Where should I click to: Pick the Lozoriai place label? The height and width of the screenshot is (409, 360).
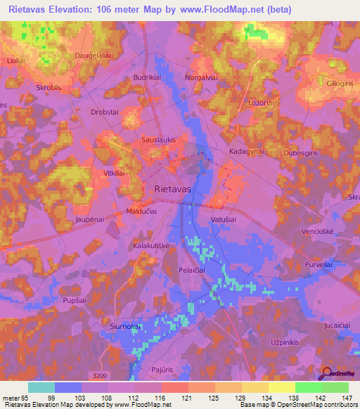click(x=261, y=103)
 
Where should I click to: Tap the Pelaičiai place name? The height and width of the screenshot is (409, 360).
click(x=193, y=271)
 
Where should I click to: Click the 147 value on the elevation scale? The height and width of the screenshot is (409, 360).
click(x=347, y=397)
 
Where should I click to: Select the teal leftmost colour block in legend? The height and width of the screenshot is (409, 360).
click(x=41, y=387)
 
